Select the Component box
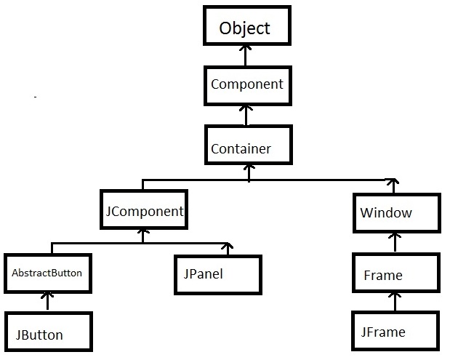tap(246, 84)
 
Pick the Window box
tap(396, 212)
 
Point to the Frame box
tap(396, 274)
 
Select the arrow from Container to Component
tap(247, 113)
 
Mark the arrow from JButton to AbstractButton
tap(49, 301)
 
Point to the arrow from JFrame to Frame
tap(395, 302)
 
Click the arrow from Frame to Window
tap(395, 242)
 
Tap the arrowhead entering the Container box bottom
tap(249, 169)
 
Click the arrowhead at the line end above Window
tap(393, 182)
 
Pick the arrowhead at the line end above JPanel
tap(228, 246)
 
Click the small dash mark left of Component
tap(35, 97)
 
